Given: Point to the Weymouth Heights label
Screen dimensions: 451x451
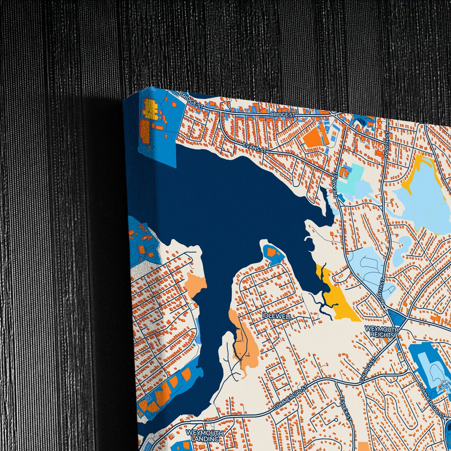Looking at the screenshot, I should pos(381,332).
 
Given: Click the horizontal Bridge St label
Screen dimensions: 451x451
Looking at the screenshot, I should pos(282,115).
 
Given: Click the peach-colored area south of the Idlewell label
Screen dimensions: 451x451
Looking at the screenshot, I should pos(245,340).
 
